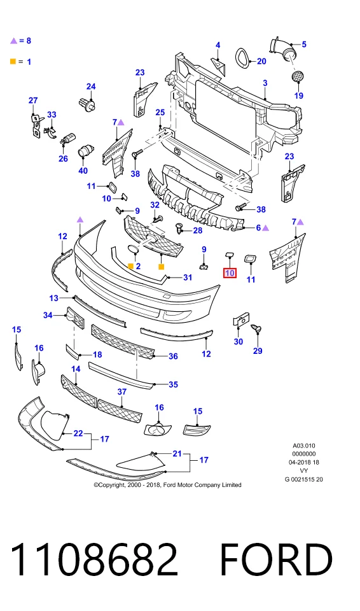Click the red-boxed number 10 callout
point(230,273)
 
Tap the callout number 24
point(91,86)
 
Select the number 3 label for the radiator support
point(265,83)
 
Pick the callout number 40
point(83,171)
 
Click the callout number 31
point(188,277)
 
